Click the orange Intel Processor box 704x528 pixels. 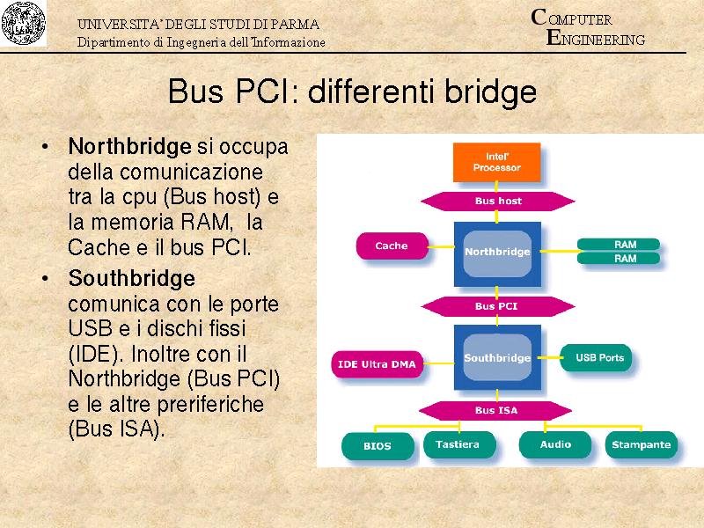click(x=496, y=162)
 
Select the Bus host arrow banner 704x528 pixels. click(x=498, y=201)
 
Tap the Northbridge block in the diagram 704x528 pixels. click(x=497, y=252)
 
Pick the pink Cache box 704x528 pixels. click(x=392, y=246)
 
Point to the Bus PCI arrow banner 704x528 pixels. click(x=496, y=306)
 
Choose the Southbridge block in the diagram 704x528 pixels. click(x=497, y=358)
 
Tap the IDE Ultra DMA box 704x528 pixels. click(x=378, y=363)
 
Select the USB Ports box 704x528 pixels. click(x=599, y=357)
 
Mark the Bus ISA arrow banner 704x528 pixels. click(x=496, y=410)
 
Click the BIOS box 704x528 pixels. click(x=378, y=445)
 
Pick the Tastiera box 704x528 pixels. click(x=458, y=444)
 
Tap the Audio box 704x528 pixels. click(x=555, y=444)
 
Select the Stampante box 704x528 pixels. click(x=641, y=444)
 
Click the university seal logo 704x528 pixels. click(x=24, y=25)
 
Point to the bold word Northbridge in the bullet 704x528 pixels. click(x=129, y=145)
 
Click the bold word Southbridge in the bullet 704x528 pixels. click(x=131, y=279)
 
